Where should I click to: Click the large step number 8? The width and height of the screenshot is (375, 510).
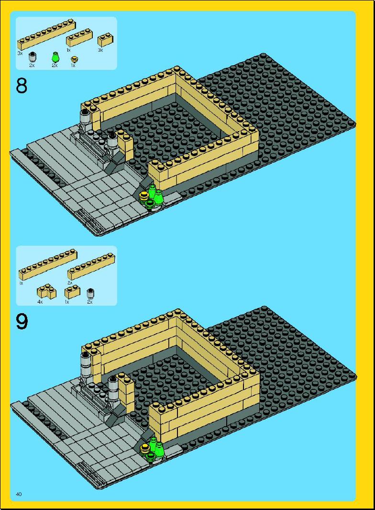click(x=22, y=86)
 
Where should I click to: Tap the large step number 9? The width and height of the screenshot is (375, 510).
click(x=22, y=321)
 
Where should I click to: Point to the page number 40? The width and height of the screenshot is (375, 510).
click(x=19, y=494)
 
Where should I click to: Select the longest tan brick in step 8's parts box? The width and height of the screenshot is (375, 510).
click(x=47, y=35)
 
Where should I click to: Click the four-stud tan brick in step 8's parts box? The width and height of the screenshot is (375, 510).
click(x=79, y=38)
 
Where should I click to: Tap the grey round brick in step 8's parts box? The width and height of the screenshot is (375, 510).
click(x=32, y=57)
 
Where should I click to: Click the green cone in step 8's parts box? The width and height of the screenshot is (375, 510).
click(x=55, y=57)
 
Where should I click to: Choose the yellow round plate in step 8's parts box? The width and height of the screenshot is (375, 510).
click(x=75, y=59)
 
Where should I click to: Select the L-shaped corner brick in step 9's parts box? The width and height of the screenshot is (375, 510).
click(x=46, y=292)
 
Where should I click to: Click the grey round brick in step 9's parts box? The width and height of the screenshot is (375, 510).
click(x=90, y=294)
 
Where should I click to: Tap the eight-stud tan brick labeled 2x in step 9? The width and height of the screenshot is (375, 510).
click(x=91, y=266)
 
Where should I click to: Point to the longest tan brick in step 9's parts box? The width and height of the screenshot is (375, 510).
click(x=48, y=264)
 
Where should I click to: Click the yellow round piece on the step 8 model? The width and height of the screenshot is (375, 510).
click(x=143, y=196)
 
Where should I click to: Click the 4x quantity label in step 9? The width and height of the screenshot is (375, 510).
click(x=40, y=302)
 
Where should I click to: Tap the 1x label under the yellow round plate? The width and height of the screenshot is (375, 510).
click(x=73, y=66)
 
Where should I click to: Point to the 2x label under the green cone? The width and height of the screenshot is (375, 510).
click(x=54, y=66)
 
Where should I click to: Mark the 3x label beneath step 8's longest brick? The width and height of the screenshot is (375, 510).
click(x=20, y=53)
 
